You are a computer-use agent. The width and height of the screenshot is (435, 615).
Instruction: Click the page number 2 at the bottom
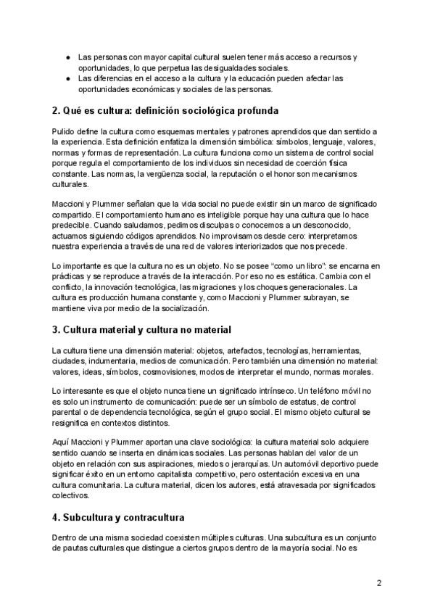coord(379,583)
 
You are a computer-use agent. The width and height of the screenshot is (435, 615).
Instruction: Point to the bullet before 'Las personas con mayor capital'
coord(67,57)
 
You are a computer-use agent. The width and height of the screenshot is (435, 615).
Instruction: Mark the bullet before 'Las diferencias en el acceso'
coord(67,78)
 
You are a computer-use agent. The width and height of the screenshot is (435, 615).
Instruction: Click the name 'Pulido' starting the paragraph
coord(65,131)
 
